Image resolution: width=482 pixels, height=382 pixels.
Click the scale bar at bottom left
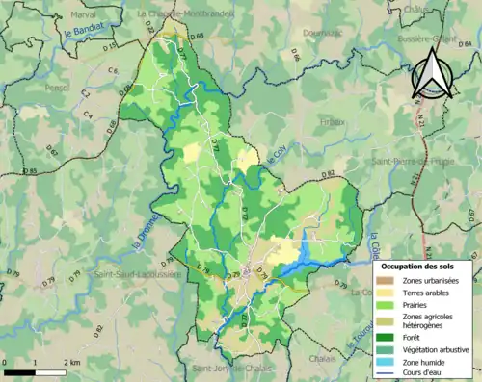point(35,371)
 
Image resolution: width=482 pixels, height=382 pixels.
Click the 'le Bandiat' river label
point(83,36)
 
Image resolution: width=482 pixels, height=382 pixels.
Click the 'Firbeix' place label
point(332,121)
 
